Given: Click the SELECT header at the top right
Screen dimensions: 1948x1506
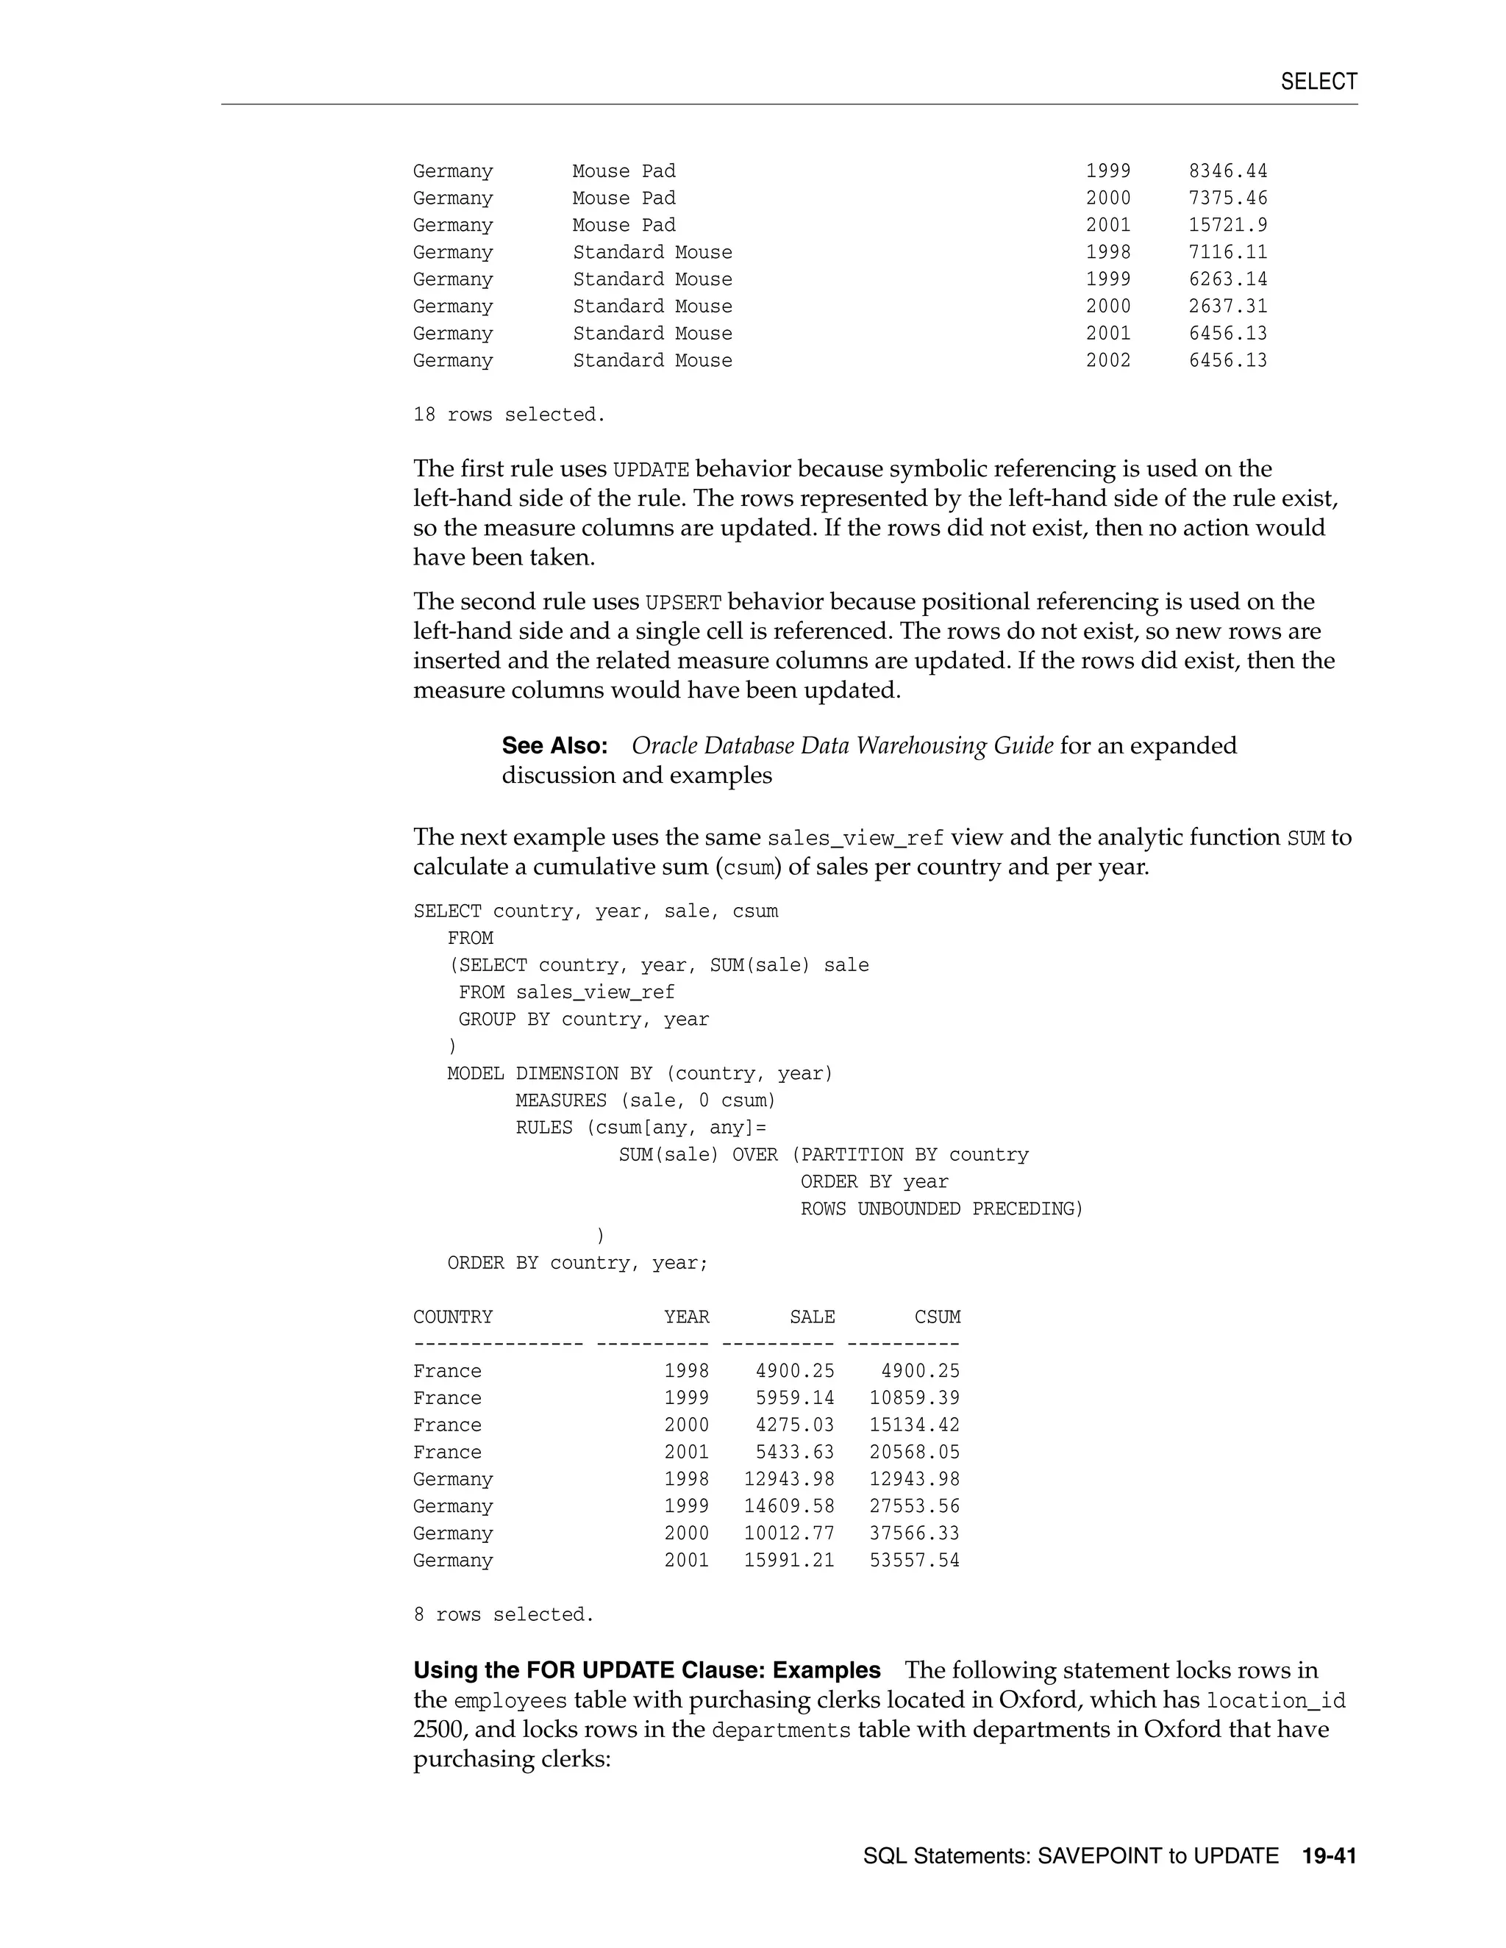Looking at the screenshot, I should (x=1318, y=82).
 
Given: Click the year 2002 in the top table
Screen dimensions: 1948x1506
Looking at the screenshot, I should (x=1108, y=360).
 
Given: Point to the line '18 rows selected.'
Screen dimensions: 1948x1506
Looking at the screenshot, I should (x=509, y=415).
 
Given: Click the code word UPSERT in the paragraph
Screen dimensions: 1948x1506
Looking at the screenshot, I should (x=682, y=603).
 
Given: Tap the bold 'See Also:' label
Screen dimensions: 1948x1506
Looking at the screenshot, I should (x=554, y=745).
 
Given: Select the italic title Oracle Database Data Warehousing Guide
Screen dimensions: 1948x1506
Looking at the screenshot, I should (x=842, y=745).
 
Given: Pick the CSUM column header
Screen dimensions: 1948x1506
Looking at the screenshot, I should (x=937, y=1317).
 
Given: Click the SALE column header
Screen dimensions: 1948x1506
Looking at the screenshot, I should (x=812, y=1317).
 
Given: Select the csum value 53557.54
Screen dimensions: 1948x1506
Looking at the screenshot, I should (x=915, y=1560).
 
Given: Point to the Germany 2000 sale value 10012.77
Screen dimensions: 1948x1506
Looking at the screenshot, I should (x=790, y=1533).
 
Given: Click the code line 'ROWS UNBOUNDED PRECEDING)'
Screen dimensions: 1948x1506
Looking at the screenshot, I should (x=941, y=1209).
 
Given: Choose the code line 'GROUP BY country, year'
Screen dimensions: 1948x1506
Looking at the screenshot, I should (x=583, y=1020).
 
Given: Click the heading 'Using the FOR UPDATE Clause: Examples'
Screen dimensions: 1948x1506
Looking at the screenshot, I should (x=647, y=1671).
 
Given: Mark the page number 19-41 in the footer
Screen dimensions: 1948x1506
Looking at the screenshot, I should (x=1329, y=1856).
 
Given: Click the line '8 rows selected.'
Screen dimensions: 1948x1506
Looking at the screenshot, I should (x=503, y=1614).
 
